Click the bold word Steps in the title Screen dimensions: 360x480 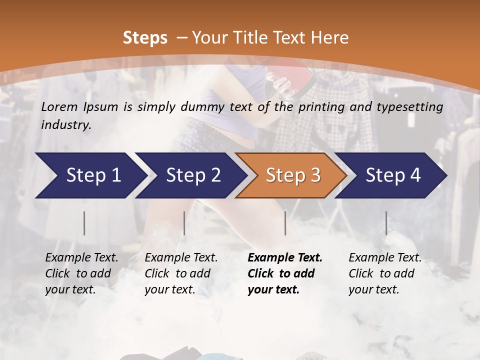pos(145,37)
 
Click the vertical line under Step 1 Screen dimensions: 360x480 pos(84,223)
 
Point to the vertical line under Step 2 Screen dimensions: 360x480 pos(184,223)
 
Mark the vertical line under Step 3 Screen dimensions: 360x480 pos(285,223)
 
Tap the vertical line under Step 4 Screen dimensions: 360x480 pos(386,223)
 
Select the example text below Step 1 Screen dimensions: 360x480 pos(81,273)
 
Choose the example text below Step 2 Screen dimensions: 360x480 pos(181,273)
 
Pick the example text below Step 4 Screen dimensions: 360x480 pos(385,273)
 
